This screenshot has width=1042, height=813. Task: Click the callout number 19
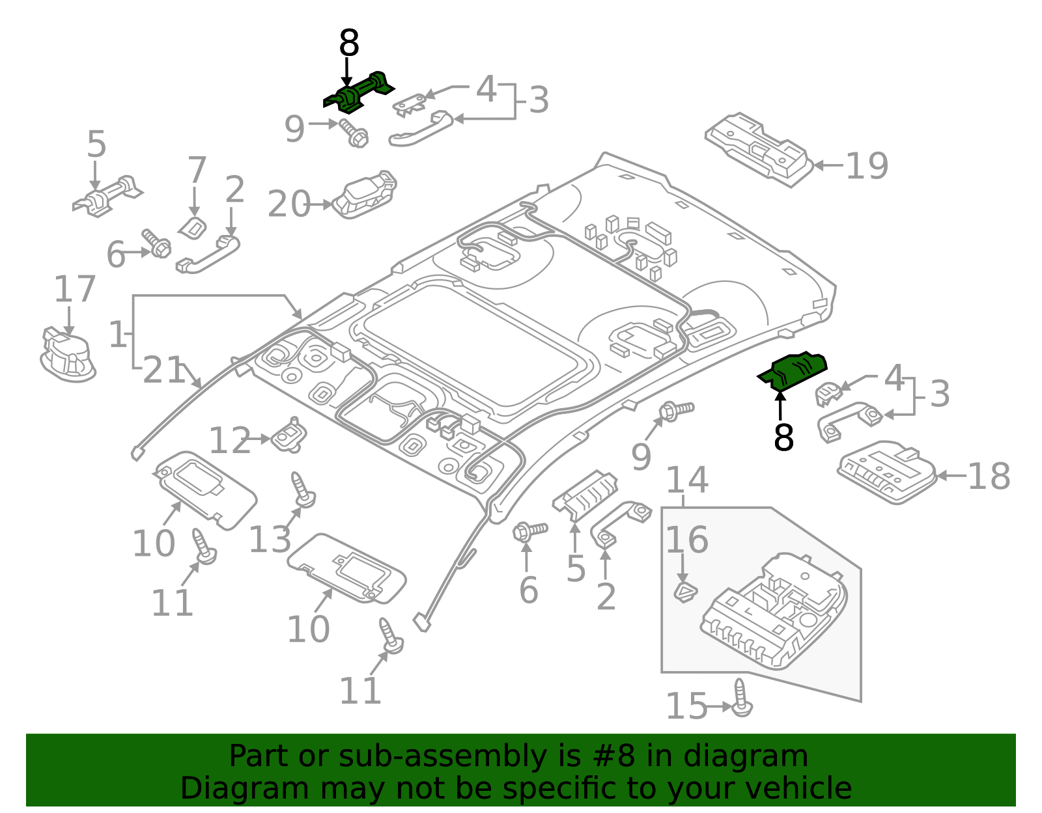pos(867,166)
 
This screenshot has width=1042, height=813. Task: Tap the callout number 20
pos(289,204)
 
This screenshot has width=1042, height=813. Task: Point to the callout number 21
pos(163,371)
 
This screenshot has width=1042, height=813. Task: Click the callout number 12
pos(229,441)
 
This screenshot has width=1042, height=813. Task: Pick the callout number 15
pos(686,706)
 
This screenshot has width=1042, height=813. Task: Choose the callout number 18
pos(989,476)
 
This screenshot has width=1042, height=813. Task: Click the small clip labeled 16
pos(684,592)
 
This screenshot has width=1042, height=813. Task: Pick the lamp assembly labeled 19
pos(759,149)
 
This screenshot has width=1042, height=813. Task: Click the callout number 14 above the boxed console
pos(687,480)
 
